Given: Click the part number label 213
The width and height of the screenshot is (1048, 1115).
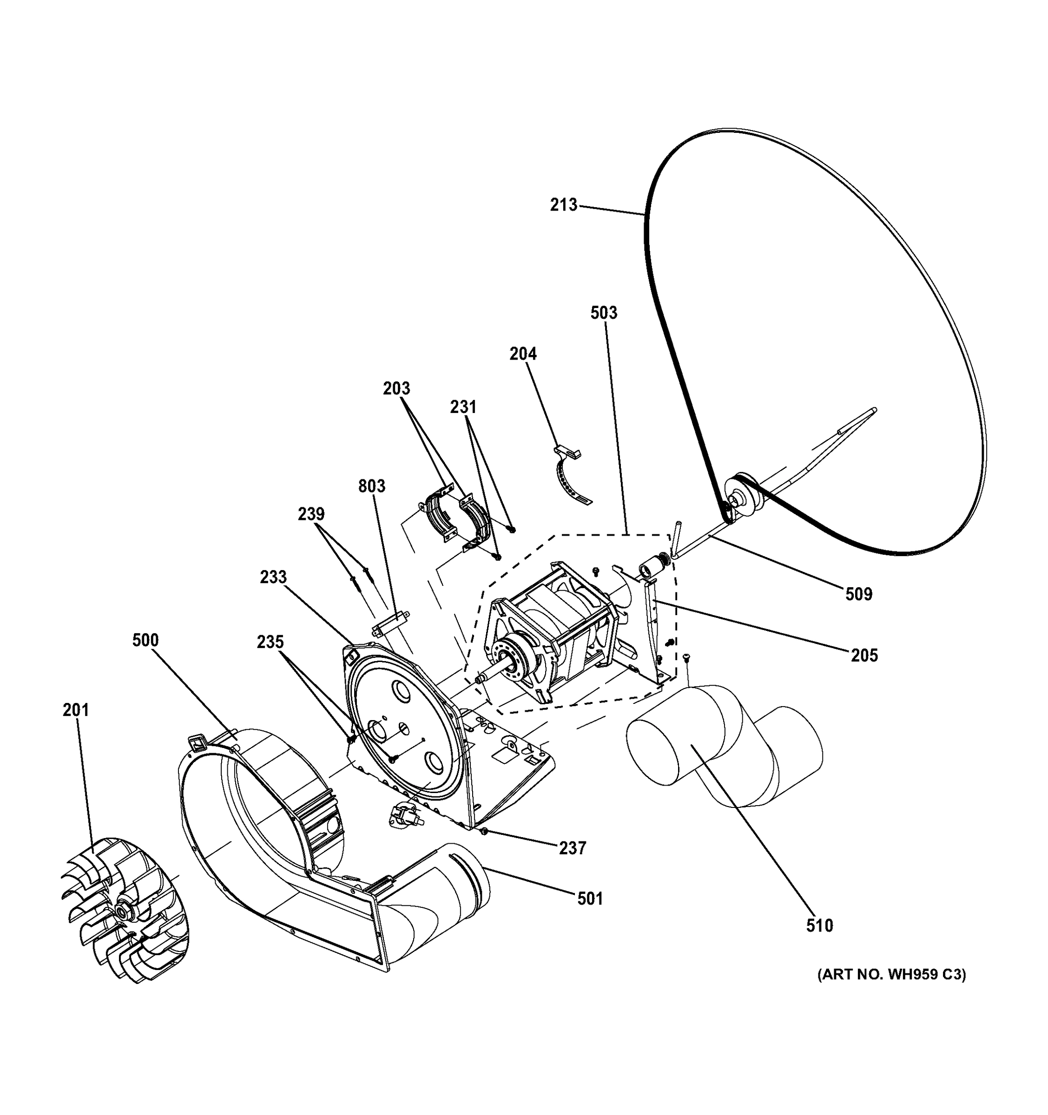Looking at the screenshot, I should [563, 205].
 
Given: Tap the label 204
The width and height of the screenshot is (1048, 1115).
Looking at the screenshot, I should [523, 354].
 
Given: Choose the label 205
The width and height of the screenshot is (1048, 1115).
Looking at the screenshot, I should [864, 655].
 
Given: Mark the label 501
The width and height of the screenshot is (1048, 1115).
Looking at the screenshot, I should [590, 899].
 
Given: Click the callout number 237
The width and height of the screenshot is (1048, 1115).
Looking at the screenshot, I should [572, 848].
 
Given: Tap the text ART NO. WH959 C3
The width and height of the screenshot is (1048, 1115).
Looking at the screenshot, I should [891, 990].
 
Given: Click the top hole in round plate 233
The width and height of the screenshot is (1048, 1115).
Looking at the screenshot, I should [401, 690].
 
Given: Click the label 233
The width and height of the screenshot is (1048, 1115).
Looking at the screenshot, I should [273, 577].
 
